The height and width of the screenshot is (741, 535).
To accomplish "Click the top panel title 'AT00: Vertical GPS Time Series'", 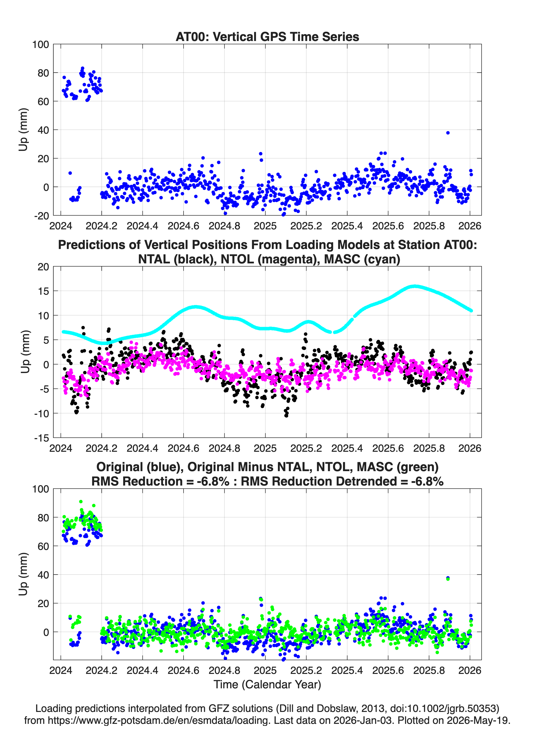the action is [x=267, y=37].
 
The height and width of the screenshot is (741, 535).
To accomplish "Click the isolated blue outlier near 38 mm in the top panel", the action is [x=448, y=133].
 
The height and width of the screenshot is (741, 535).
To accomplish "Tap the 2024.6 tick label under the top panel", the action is [x=183, y=226].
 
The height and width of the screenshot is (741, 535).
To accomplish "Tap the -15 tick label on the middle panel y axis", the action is [x=41, y=438].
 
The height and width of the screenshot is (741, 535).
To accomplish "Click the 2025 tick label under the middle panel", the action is [x=265, y=448].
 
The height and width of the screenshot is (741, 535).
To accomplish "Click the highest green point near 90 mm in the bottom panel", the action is [x=81, y=501].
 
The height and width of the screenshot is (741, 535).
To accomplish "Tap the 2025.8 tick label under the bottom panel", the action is [x=429, y=670].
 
